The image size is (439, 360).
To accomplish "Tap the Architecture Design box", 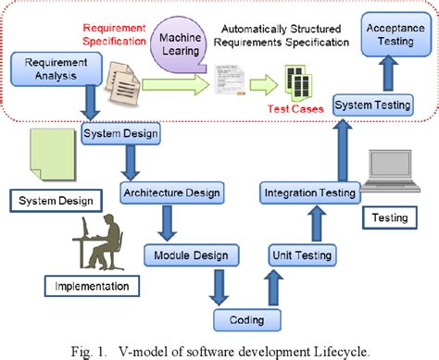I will tap(170, 192).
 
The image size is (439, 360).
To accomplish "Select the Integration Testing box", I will tap(309, 192).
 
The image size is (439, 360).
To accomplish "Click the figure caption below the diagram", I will tap(219, 349).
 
